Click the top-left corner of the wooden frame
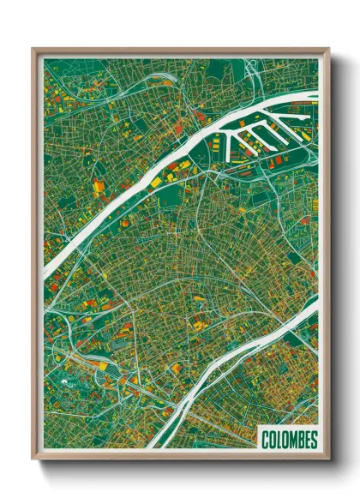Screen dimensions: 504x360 [x=33, y=49]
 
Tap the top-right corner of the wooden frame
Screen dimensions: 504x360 [x=328, y=49]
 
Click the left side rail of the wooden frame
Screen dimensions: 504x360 [x=34, y=257]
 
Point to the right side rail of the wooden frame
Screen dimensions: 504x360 [x=327, y=257]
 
